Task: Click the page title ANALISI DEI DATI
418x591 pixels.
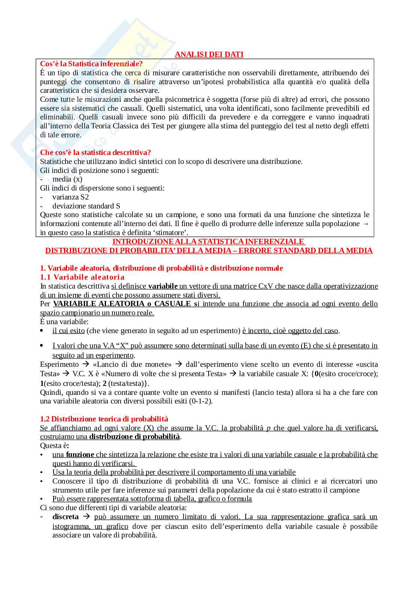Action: coord(209,54)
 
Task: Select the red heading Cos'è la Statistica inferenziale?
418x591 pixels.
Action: coord(91,64)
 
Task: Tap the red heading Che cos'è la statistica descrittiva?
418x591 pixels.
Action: coord(96,152)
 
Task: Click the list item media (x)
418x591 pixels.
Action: coord(67,179)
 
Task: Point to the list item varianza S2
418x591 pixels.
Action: coord(70,197)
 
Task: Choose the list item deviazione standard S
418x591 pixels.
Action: coord(86,206)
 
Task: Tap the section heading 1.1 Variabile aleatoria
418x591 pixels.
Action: coord(82,277)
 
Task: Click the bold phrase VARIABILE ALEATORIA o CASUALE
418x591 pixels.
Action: coord(122,304)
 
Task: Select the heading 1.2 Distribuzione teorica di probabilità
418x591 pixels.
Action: coord(104,419)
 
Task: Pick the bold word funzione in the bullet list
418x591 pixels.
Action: coord(80,454)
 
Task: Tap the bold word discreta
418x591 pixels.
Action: coord(66,517)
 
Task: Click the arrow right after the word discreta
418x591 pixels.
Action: coord(87,517)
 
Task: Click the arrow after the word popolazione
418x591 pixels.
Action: coord(366,223)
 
